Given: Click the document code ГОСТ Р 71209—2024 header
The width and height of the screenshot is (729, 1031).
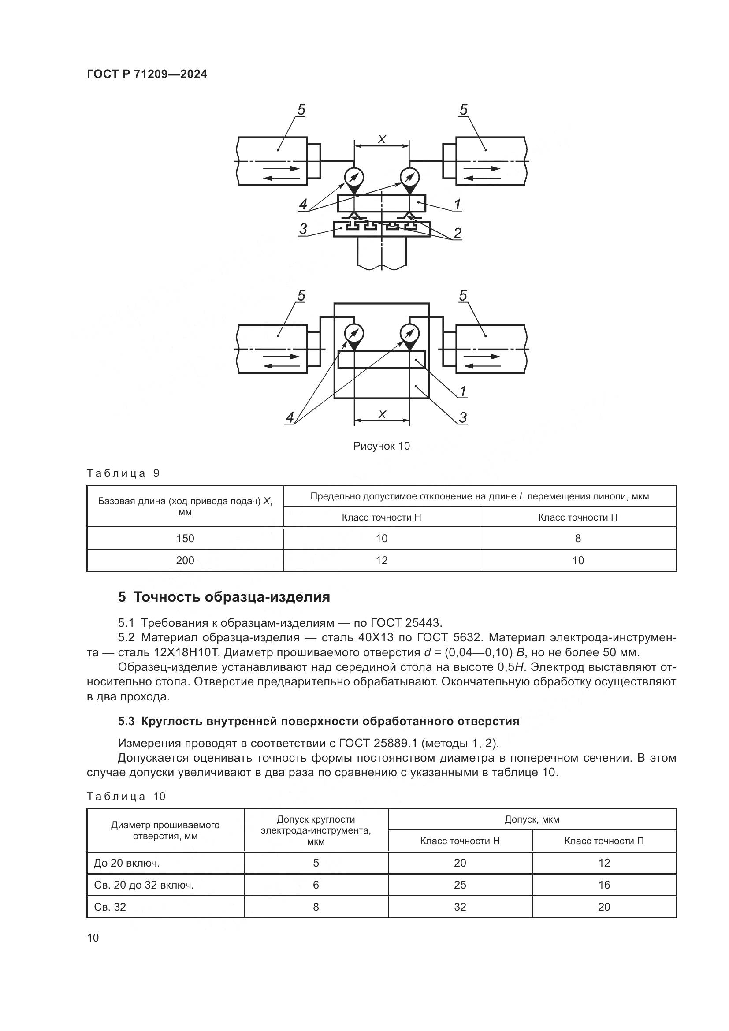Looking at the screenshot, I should [147, 74].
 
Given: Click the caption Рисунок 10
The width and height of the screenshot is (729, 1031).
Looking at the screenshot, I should [381, 446].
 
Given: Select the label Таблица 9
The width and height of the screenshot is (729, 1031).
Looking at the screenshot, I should [123, 473].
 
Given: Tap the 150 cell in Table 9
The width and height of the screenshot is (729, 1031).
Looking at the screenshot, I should [185, 538].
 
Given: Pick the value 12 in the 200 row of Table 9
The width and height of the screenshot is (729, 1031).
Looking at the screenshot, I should [381, 560].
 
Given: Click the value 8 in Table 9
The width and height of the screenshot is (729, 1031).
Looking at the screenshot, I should [578, 538].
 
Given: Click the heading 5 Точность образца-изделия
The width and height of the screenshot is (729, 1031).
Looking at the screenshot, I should [223, 597].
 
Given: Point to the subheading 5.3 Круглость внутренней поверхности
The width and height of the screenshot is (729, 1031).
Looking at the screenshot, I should [318, 721].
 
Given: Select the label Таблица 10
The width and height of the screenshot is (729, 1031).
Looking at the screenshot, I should [126, 797].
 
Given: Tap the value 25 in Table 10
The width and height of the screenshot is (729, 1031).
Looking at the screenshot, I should [460, 885].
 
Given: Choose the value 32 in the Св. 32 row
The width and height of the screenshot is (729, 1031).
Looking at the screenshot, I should [460, 907].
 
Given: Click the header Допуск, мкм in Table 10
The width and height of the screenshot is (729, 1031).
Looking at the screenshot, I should [532, 819].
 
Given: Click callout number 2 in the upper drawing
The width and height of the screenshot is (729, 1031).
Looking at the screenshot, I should [457, 233].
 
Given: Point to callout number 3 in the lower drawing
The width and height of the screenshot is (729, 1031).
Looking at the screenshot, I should [463, 417].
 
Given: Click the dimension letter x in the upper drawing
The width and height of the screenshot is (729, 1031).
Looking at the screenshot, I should [382, 139].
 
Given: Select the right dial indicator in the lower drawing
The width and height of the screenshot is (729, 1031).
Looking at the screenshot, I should [409, 333].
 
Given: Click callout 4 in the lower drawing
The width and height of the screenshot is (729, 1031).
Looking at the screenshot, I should [290, 417].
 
